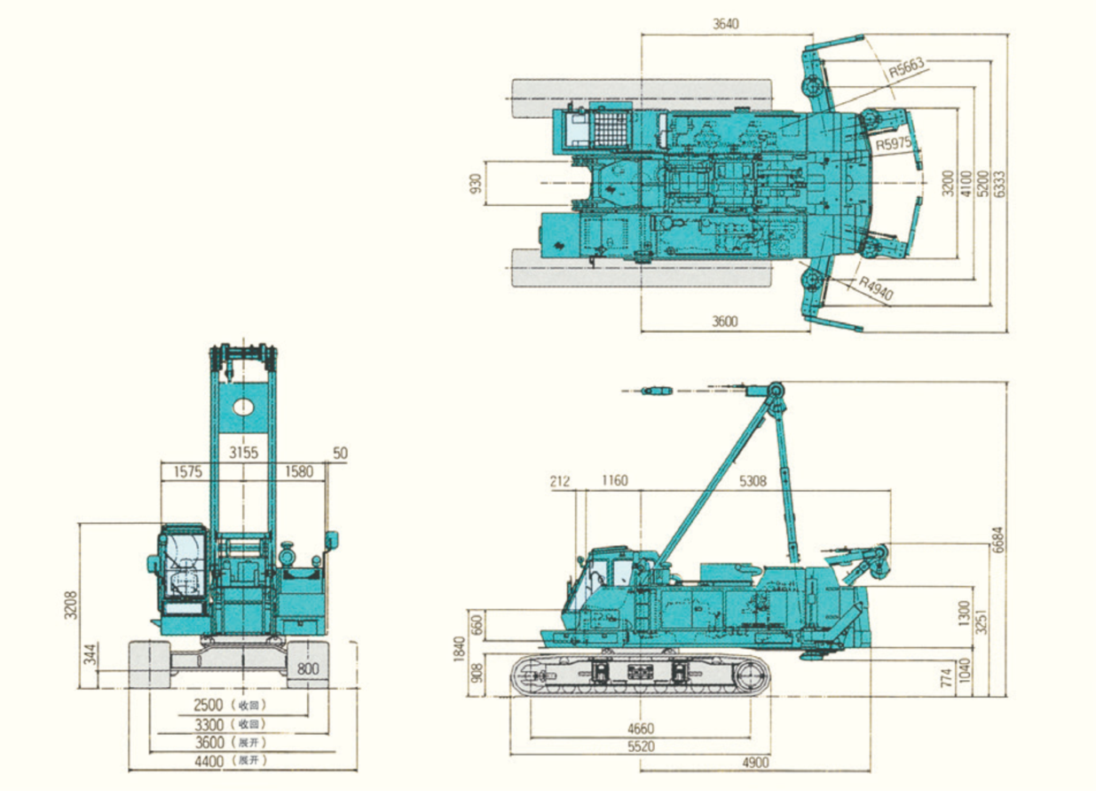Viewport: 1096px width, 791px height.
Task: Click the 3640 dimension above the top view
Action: pos(726,24)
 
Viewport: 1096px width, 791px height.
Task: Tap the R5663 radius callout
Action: pos(907,67)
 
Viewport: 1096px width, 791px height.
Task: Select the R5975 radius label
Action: pos(894,144)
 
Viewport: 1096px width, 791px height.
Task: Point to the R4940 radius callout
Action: pos(876,288)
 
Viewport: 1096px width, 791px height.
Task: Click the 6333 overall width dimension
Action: pos(1000,184)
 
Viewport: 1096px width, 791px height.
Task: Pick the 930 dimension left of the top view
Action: pos(476,183)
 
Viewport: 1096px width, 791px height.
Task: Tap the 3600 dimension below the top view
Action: pos(725,321)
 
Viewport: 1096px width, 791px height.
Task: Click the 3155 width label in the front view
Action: pos(244,452)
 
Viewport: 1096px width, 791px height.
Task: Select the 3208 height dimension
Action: pos(71,605)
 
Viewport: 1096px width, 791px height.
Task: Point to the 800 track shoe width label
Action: pos(308,668)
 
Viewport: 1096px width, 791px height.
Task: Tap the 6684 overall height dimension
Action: pos(998,540)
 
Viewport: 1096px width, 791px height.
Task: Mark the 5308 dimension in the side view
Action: pos(753,481)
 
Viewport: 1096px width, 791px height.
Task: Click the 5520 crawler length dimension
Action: pos(641,746)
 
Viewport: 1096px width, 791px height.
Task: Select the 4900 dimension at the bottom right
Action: pos(755,762)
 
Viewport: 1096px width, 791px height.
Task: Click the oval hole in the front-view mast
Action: pos(243,407)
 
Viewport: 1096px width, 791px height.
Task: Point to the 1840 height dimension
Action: pos(459,649)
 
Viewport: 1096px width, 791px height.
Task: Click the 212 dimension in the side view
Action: pos(560,481)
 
